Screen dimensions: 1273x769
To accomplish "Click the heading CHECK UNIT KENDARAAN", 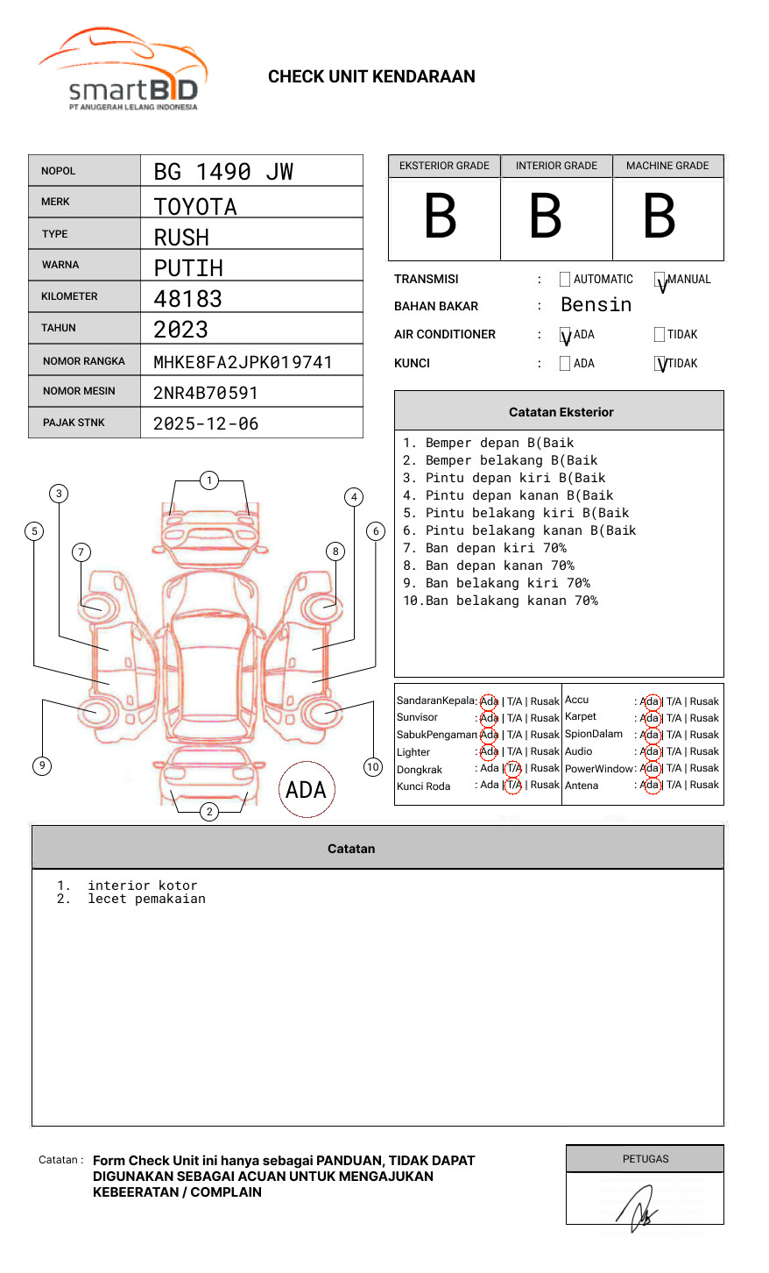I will pos(371,77).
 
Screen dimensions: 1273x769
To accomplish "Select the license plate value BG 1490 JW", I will pos(223,172).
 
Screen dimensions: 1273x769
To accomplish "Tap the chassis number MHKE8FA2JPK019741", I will pos(243,362).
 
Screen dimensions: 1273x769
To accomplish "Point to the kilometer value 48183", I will pos(187,299).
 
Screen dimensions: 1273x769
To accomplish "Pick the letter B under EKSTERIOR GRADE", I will pos(441,217).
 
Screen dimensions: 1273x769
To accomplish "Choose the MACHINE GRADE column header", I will pos(667,166).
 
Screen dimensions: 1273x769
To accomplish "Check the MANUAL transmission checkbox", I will pos(660,280).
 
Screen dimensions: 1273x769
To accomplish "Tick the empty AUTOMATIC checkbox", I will pos(565,280).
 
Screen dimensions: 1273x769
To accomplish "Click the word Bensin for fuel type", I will pos(596,305).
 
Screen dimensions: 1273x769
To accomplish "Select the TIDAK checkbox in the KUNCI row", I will pos(660,364).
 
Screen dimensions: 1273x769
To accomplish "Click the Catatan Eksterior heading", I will pos(561,412).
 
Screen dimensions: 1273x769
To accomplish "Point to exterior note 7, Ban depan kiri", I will pos(484,548).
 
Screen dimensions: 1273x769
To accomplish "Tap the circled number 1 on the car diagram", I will pos(208,480).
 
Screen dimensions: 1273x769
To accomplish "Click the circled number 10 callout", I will pos(373,767).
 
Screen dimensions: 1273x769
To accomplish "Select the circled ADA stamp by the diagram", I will pos(307,790).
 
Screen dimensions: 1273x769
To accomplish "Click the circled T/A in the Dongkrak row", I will pos(513,769).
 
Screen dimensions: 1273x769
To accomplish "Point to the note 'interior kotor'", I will pos(142,885).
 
